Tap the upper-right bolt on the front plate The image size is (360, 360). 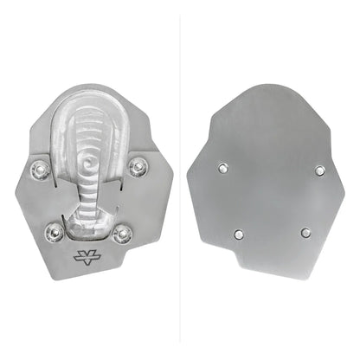coord(137,164)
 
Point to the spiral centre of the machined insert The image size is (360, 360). coord(91,161)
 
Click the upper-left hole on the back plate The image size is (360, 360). coord(224,167)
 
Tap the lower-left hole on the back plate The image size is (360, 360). coord(238,233)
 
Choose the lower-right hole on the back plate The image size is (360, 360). coord(305,232)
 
